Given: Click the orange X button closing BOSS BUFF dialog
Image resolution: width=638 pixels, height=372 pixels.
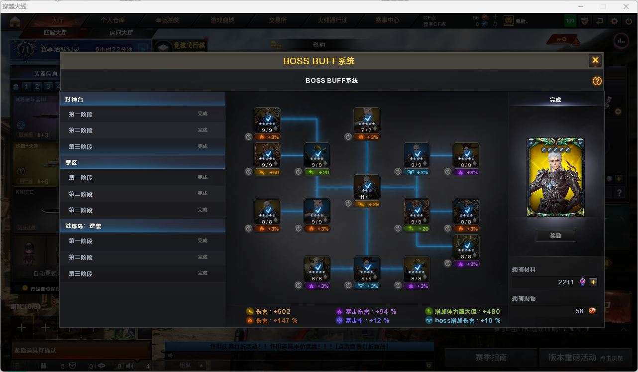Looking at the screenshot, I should [595, 61].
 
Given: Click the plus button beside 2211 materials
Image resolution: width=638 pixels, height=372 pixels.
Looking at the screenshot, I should [593, 282].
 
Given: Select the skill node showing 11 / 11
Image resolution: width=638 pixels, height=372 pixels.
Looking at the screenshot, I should [367, 187].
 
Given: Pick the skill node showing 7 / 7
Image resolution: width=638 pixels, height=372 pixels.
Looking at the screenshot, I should [367, 120].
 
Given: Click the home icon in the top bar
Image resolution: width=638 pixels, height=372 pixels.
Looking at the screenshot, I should [15, 21].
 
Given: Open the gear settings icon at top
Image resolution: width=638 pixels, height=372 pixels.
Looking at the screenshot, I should [615, 21].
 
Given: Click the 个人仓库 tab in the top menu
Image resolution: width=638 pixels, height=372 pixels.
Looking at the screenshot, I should [113, 20].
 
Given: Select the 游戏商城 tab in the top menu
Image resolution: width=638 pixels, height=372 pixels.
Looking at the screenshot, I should [222, 20].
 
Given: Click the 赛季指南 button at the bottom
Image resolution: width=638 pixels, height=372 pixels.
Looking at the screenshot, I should [491, 357].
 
